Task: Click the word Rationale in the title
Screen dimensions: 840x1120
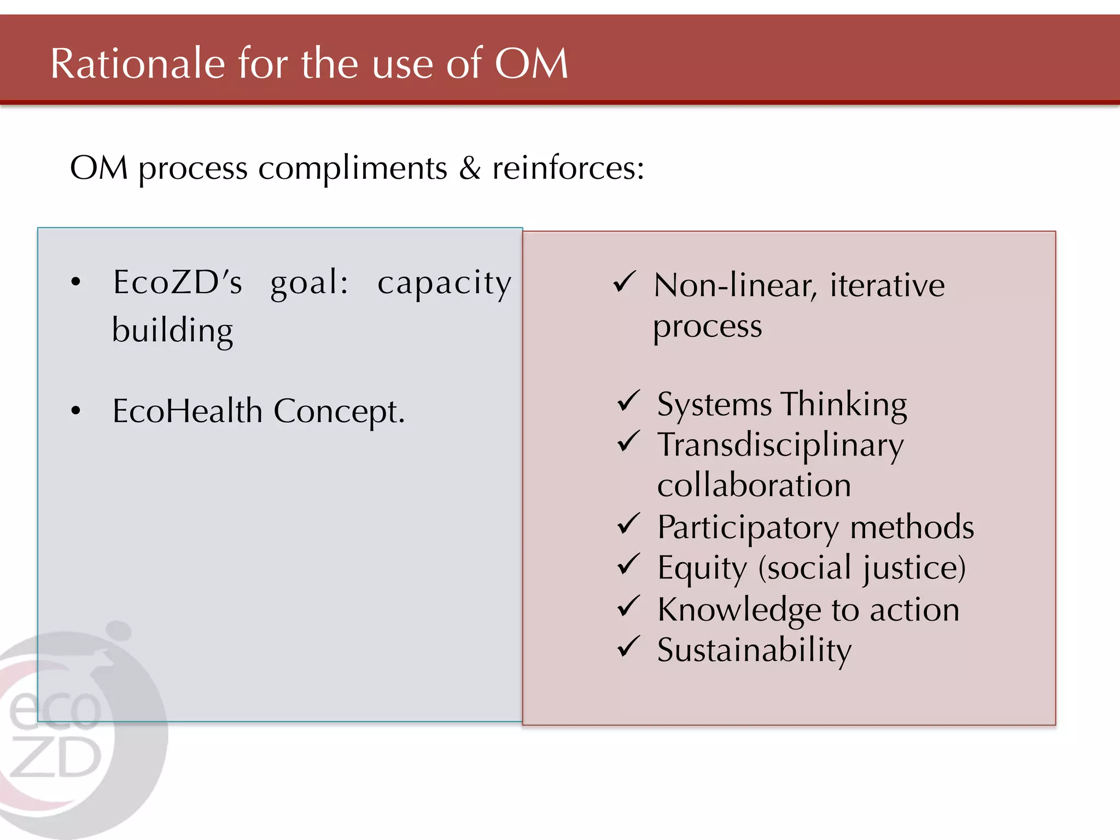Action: (137, 64)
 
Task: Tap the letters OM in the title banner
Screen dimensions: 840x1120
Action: (531, 64)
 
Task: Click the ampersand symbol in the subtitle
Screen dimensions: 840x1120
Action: (470, 168)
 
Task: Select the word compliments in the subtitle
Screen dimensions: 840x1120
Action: (353, 168)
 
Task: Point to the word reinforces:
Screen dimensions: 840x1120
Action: (568, 168)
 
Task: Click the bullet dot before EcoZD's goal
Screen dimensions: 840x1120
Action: (75, 282)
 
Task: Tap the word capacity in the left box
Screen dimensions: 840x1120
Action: (444, 284)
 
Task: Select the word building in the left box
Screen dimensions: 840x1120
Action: (172, 331)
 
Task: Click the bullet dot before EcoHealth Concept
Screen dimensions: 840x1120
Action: (75, 411)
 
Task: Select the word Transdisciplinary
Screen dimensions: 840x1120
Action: (780, 446)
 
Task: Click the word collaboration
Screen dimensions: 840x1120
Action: (754, 486)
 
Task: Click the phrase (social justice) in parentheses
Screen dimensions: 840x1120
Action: (862, 568)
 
